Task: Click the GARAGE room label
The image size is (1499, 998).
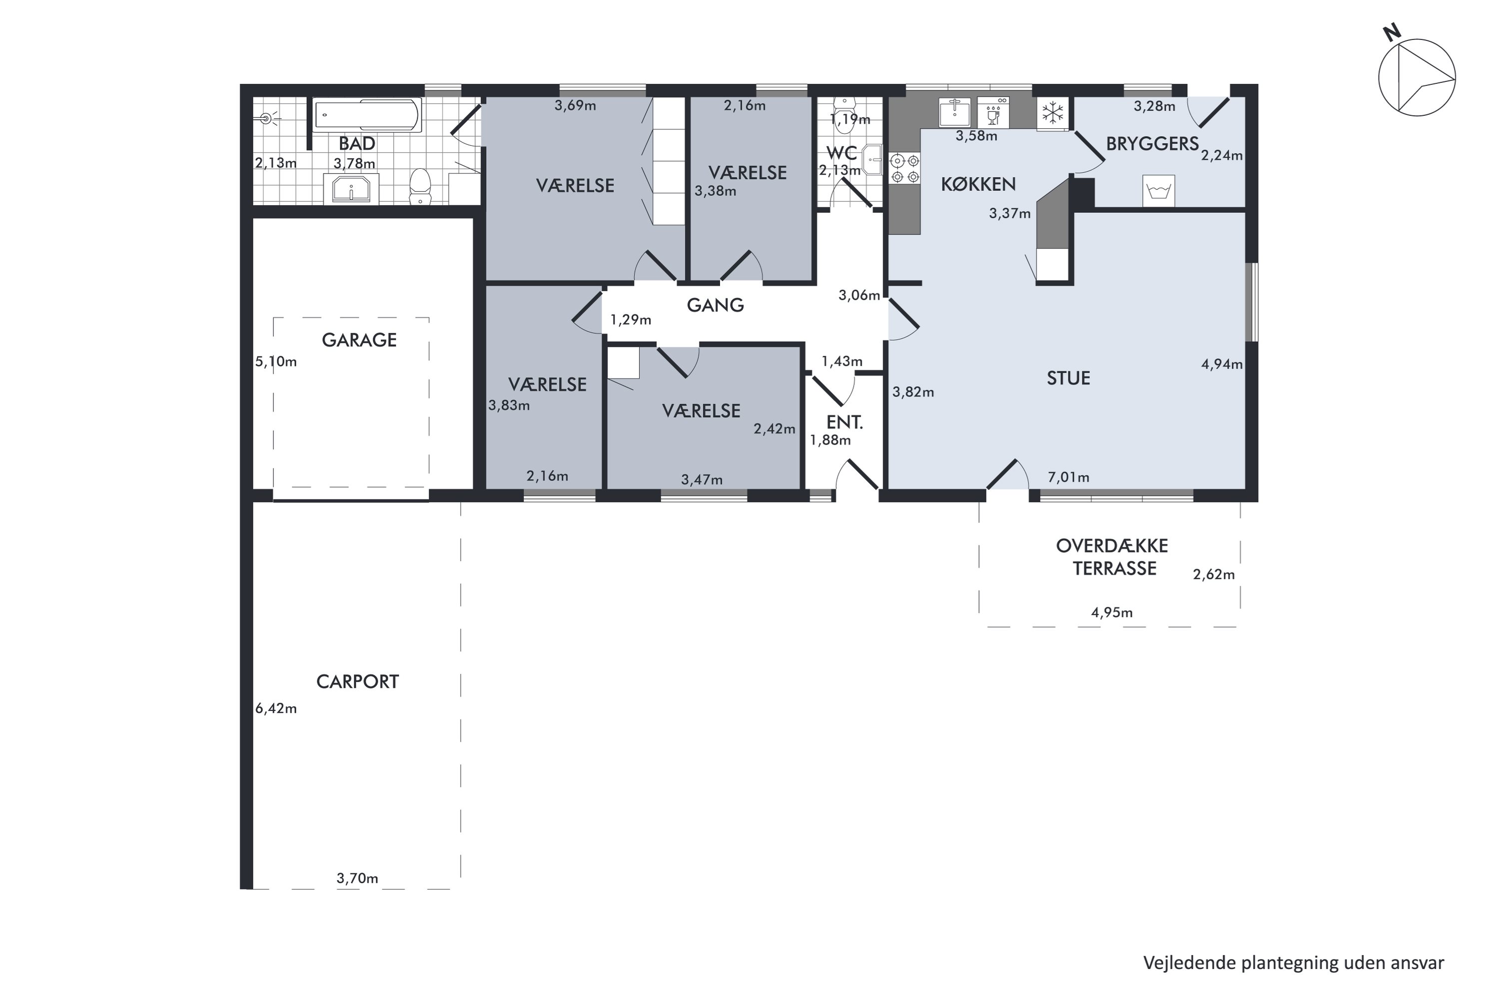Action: [x=359, y=340]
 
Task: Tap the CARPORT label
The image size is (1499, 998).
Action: [x=357, y=682]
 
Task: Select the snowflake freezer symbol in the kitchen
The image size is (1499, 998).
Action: [x=1052, y=114]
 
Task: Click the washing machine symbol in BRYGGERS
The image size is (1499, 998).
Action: [x=1158, y=190]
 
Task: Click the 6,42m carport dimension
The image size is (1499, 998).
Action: [x=276, y=708]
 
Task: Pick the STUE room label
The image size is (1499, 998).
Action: [x=1068, y=378]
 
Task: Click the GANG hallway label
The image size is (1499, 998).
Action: [x=716, y=305]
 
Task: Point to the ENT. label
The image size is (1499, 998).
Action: [x=844, y=422]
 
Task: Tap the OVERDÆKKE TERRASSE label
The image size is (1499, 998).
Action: [x=1112, y=557]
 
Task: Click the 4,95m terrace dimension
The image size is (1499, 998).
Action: [x=1112, y=612]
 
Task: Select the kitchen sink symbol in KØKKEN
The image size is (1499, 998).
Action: [x=955, y=113]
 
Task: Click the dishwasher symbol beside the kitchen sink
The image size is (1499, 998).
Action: [x=993, y=113]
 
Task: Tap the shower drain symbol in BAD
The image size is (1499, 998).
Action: [x=268, y=118]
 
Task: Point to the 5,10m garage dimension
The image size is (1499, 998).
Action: [x=276, y=362]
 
